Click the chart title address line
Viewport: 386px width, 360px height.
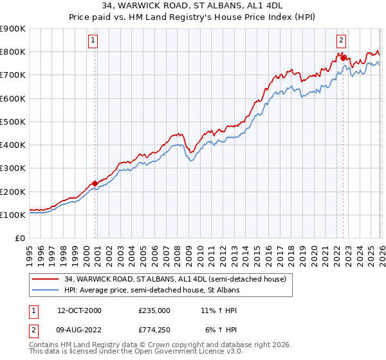pyautogui.click(x=192, y=6)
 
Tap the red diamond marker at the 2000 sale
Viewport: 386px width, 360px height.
pyautogui.click(x=95, y=183)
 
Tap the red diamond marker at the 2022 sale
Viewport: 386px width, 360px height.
pyautogui.click(x=344, y=58)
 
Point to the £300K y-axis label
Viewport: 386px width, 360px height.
pyautogui.click(x=13, y=168)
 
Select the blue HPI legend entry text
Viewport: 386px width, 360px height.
pyautogui.click(x=152, y=291)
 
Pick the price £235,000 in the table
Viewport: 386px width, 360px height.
pyautogui.click(x=154, y=310)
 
